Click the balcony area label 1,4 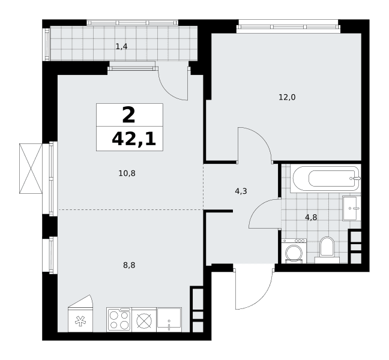click(x=121, y=46)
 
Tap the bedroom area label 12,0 click(x=287, y=97)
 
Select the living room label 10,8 click(x=127, y=173)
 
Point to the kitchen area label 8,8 click(x=129, y=265)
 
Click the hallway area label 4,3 click(x=241, y=191)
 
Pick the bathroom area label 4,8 click(x=311, y=217)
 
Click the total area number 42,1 click(x=134, y=139)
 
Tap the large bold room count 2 click(x=128, y=115)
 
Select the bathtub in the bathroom click(x=326, y=179)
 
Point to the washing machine click(x=294, y=251)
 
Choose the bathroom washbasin click(x=352, y=208)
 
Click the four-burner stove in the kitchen click(x=119, y=320)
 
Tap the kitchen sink click(x=169, y=320)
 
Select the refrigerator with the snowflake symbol click(x=80, y=314)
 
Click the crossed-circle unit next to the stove click(x=144, y=320)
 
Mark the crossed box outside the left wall click(x=31, y=169)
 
